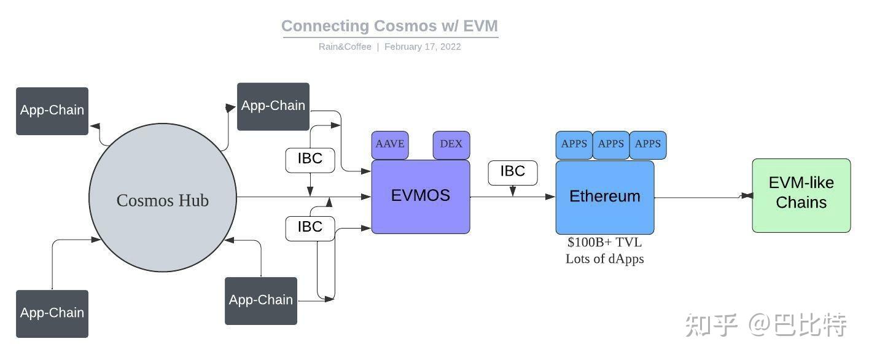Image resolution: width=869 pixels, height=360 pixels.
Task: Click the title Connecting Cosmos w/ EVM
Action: tap(389, 26)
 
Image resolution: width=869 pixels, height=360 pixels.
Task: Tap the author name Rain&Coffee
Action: tap(345, 47)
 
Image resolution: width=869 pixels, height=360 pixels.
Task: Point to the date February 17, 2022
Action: tap(423, 47)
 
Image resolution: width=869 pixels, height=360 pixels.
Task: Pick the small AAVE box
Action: tap(390, 144)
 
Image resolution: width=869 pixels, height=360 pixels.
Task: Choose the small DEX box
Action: tap(451, 144)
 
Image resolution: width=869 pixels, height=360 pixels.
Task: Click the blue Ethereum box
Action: tap(605, 197)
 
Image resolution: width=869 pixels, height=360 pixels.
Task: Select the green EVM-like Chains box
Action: tap(801, 195)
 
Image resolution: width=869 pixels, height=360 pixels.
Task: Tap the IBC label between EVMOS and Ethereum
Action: tap(513, 172)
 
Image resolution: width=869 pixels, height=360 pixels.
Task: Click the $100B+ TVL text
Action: tap(604, 242)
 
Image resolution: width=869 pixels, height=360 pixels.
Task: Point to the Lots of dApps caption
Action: tap(604, 259)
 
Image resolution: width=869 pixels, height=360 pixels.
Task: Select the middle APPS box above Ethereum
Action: tap(611, 144)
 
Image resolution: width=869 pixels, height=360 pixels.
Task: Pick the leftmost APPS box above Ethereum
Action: tap(574, 144)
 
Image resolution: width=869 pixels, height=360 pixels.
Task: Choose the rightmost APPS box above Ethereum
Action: tap(648, 144)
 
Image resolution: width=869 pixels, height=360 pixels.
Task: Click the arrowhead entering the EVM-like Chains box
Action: tap(747, 196)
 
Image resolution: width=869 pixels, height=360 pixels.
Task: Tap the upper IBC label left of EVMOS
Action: tap(310, 159)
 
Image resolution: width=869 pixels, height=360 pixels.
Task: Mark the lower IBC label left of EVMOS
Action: tap(310, 227)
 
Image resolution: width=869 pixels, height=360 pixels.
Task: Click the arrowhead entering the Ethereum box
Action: tap(550, 197)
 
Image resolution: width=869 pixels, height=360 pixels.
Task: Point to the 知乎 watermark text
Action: tap(711, 326)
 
